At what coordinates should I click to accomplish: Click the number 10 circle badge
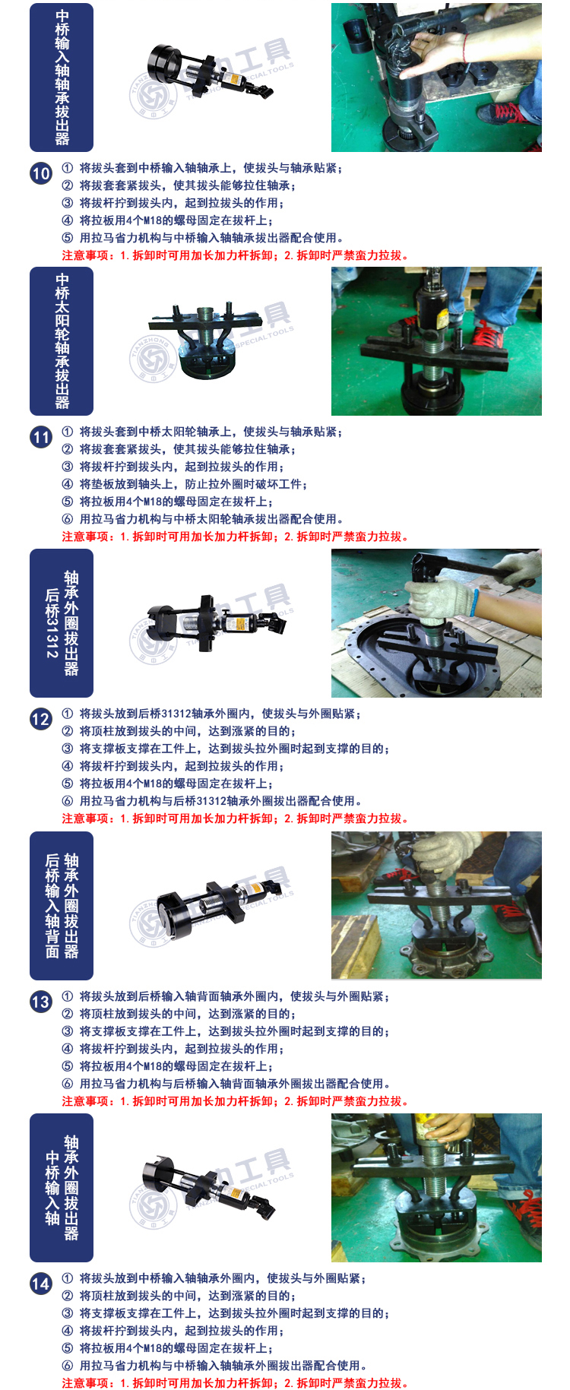(x=41, y=173)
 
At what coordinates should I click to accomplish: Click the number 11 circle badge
(x=41, y=437)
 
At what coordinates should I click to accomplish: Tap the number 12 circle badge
(x=41, y=719)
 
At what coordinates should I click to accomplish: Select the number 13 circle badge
(x=41, y=1002)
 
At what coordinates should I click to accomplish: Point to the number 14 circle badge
(x=41, y=1284)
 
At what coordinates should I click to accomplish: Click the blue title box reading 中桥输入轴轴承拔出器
(x=62, y=78)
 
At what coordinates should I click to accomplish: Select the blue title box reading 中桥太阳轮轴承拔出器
(x=62, y=341)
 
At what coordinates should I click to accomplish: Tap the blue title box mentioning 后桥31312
(x=62, y=623)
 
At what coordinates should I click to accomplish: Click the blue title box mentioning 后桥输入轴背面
(x=62, y=906)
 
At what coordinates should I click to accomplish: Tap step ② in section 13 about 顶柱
(x=179, y=1014)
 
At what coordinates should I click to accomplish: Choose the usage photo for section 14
(x=436, y=1188)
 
